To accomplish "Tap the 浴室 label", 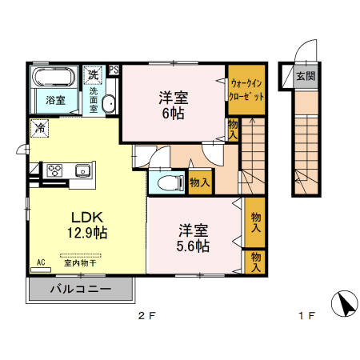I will (x=54, y=101).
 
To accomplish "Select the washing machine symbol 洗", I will (x=94, y=74).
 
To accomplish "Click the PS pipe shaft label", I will (x=114, y=70).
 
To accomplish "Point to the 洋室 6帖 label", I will (x=172, y=106).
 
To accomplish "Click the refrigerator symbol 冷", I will (x=39, y=128).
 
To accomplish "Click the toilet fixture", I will (x=166, y=182).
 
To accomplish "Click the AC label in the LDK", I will (x=41, y=262).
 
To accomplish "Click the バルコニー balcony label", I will (x=79, y=289).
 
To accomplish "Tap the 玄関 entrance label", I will (x=305, y=77).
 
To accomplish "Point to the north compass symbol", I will (x=346, y=305).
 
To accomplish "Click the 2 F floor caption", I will (x=146, y=316).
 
